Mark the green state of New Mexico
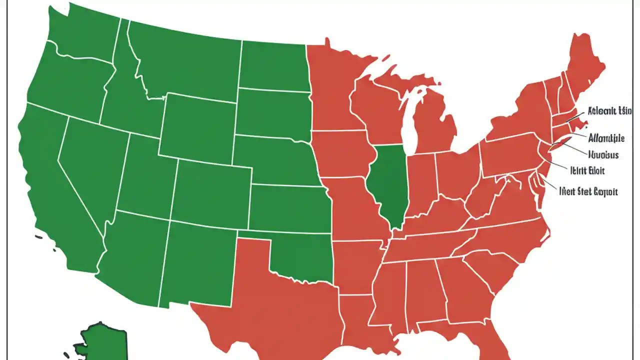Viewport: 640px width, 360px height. tap(197, 262)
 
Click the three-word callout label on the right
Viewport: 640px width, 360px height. tap(588, 191)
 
